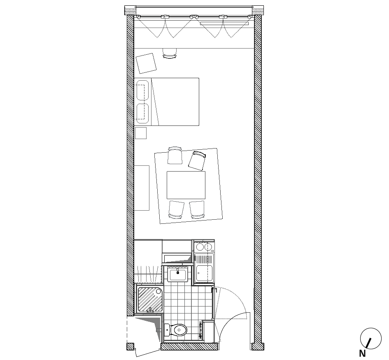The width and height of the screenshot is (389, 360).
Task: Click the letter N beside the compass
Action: coord(362,353)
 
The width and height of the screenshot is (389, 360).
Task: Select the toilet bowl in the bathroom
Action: coord(179,330)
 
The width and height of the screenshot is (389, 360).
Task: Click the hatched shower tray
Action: coord(149,299)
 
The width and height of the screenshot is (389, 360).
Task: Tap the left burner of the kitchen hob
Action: coord(200,247)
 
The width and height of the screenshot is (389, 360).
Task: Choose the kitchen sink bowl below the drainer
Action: coord(204,274)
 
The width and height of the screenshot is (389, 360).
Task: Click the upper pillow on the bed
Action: coord(142,90)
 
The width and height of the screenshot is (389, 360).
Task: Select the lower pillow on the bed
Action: coord(142,113)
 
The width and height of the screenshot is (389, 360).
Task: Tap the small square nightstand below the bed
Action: coord(141,133)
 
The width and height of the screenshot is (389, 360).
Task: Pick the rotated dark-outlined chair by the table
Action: coord(197,160)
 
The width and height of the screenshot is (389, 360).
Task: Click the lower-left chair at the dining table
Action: coord(176,209)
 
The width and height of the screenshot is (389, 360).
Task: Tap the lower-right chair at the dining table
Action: coord(197,209)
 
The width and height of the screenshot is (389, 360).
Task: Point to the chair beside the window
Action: coord(170,53)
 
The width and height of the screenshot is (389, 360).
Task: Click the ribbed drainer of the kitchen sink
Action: coord(204,259)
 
